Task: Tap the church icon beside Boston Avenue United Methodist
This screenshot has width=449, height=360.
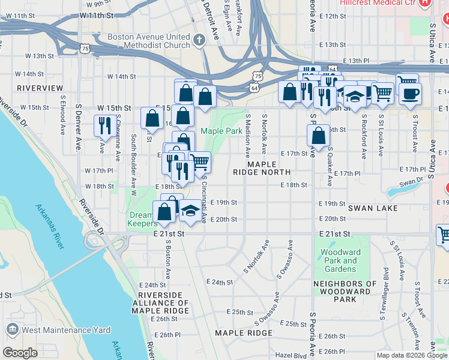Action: (x=199, y=41)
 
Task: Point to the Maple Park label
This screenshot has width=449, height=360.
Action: (x=221, y=131)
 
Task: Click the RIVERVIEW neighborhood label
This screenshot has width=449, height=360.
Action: (x=40, y=88)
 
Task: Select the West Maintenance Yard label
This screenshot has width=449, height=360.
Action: (x=58, y=330)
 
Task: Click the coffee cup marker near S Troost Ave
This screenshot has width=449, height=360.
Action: (x=411, y=94)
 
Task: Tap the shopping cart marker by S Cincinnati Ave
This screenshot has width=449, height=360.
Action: (x=199, y=161)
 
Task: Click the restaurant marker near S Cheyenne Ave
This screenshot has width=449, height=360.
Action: (x=104, y=125)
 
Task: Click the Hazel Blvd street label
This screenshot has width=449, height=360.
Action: (x=291, y=356)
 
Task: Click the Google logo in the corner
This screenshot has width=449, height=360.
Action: (x=20, y=353)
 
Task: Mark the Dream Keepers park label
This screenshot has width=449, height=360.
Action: (x=143, y=219)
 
